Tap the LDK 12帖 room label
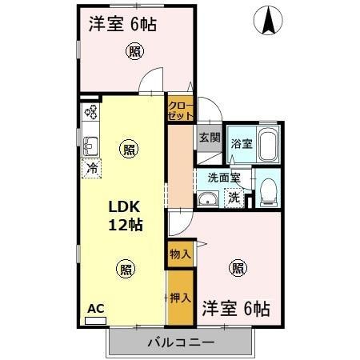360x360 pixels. (126, 215)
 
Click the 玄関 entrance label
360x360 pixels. (209, 137)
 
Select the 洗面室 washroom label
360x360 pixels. (223, 178)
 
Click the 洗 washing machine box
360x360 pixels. (233, 197)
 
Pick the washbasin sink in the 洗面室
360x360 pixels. (208, 200)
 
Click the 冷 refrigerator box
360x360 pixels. (93, 168)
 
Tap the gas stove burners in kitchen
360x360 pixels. (90, 113)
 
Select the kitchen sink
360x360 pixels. (90, 146)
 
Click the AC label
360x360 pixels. (95, 308)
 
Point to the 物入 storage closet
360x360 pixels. (180, 254)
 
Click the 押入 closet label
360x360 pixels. (180, 298)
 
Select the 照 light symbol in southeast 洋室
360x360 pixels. (237, 268)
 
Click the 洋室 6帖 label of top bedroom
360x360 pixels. (122, 23)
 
